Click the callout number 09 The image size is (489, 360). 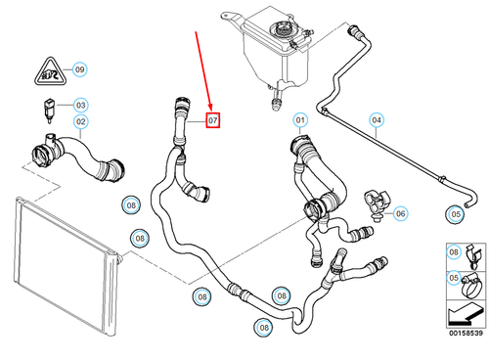click(80, 69)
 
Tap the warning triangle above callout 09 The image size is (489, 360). click(47, 68)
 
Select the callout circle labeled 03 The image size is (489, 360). click(80, 105)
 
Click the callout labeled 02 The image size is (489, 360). click(80, 122)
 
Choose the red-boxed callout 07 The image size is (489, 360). click(214, 121)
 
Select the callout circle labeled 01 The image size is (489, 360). click(300, 121)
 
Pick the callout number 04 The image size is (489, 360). click(375, 121)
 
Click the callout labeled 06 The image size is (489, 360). click(398, 211)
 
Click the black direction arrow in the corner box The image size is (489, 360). click(459, 315)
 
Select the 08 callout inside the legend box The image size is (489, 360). click(454, 251)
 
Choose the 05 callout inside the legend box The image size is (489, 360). click(454, 277)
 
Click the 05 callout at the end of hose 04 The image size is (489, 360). click(454, 211)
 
